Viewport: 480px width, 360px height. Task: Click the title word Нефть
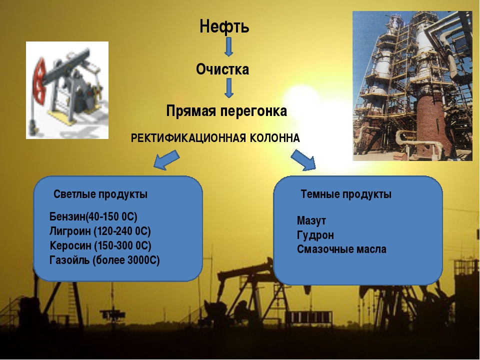pyautogui.click(x=224, y=26)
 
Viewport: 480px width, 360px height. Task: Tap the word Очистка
pyautogui.click(x=222, y=69)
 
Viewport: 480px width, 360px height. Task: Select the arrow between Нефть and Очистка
pyautogui.click(x=228, y=47)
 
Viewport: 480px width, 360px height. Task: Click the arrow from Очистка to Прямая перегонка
pyautogui.click(x=228, y=88)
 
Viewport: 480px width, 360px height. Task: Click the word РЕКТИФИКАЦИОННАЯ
pyautogui.click(x=188, y=138)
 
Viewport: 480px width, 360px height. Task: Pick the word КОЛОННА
pyautogui.click(x=275, y=138)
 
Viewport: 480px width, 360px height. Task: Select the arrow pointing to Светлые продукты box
pyautogui.click(x=166, y=159)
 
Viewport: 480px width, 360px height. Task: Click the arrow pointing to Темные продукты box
pyautogui.click(x=303, y=160)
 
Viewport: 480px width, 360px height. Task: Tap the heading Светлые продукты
pyautogui.click(x=100, y=194)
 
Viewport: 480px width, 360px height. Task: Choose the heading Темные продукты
pyautogui.click(x=346, y=194)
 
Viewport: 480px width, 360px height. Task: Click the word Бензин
pyautogui.click(x=67, y=216)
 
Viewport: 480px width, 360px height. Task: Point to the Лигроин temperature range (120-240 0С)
pyautogui.click(x=122, y=231)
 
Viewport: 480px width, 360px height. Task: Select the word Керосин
pyautogui.click(x=70, y=245)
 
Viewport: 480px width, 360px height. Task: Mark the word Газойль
pyautogui.click(x=69, y=260)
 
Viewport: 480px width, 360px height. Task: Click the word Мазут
pyautogui.click(x=311, y=220)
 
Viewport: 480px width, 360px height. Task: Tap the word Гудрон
pyautogui.click(x=315, y=235)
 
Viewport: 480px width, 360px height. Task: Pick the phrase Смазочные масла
pyautogui.click(x=341, y=249)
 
